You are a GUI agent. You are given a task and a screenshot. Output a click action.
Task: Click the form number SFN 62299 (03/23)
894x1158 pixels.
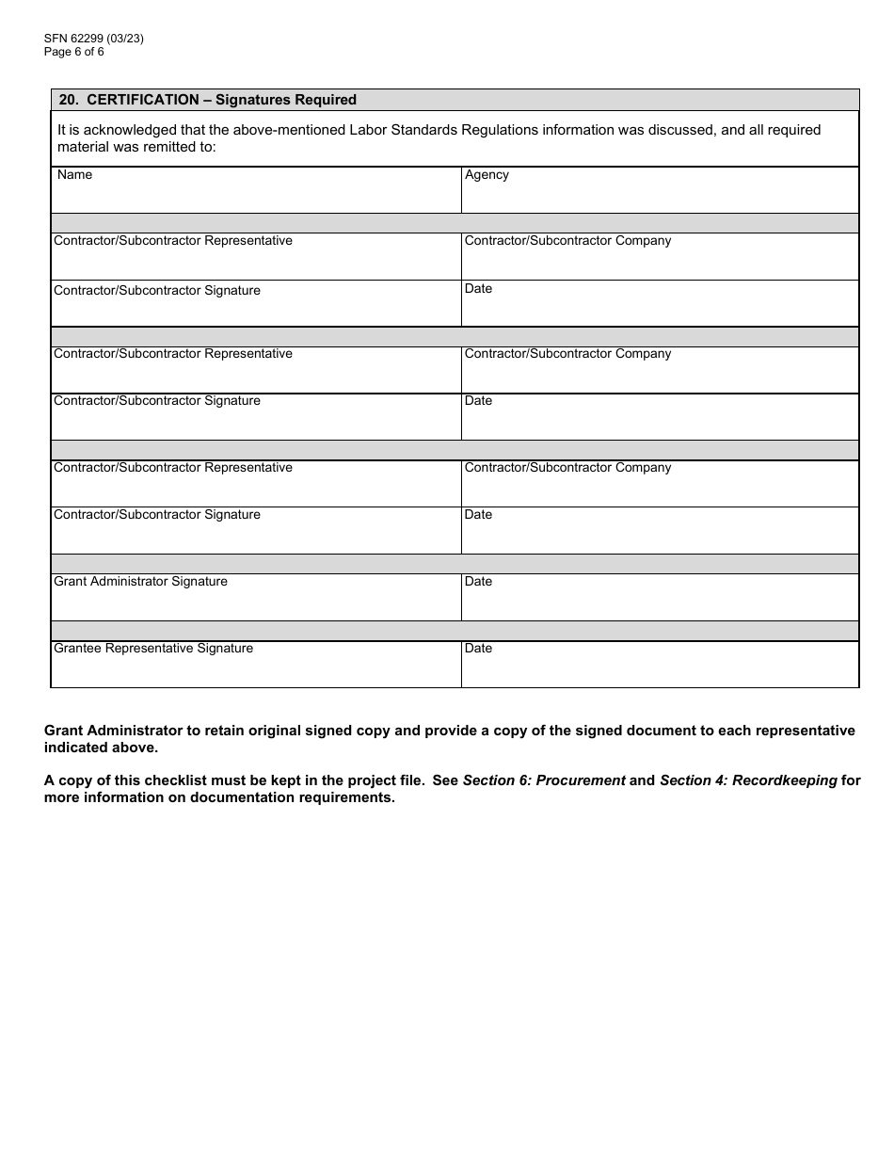pos(93,39)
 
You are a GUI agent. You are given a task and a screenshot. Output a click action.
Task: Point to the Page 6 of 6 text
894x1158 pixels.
pos(74,52)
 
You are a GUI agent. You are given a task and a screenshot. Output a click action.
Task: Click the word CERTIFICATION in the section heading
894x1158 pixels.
pos(142,100)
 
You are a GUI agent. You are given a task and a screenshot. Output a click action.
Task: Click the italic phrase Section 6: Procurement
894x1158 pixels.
pos(544,780)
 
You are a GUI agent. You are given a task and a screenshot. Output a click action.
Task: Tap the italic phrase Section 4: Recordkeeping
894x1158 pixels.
pos(748,780)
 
